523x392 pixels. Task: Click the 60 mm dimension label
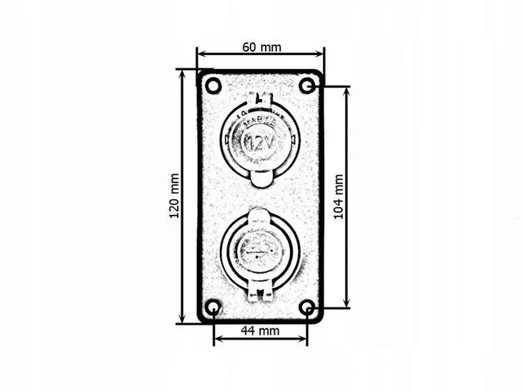[261, 47]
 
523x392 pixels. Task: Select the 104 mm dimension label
[339, 196]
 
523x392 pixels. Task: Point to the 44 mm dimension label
[259, 330]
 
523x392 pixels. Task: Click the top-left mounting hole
[212, 86]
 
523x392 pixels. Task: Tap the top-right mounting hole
[307, 86]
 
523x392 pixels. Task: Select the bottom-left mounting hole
[213, 309]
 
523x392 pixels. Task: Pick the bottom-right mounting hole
[307, 309]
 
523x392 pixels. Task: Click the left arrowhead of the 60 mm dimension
[201, 53]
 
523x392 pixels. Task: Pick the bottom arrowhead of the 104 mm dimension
[348, 304]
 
